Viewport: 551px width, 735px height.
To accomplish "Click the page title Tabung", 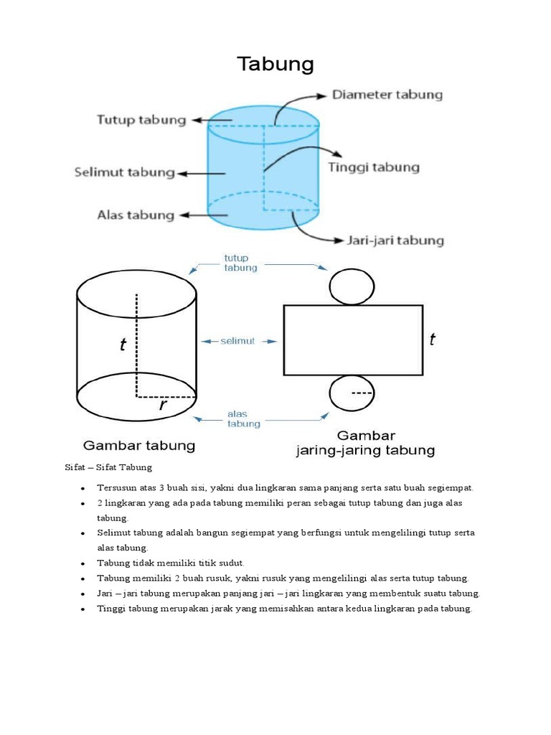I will click(275, 65).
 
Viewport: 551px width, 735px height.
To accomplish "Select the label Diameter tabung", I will click(387, 95).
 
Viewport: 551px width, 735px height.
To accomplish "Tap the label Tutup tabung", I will click(141, 120).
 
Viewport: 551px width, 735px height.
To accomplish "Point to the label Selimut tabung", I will click(125, 172).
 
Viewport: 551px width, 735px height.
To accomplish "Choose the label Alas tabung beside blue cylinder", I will click(136, 215).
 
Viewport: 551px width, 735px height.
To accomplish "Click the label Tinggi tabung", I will click(374, 167).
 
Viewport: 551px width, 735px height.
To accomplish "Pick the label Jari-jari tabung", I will click(395, 240).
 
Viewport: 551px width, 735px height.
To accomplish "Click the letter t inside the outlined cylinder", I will click(123, 345).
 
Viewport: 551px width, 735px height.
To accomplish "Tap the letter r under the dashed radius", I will click(163, 406).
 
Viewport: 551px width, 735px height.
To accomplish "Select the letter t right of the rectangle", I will click(432, 340).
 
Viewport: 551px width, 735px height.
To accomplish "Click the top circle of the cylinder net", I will click(352, 284).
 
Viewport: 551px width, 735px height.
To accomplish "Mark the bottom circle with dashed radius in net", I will click(352, 394).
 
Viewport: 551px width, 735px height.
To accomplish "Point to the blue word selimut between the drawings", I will click(237, 342).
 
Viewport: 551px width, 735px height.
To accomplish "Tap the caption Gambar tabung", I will click(140, 446).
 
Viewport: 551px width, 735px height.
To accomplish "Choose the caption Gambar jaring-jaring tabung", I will click(366, 444).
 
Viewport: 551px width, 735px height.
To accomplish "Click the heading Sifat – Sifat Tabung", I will click(108, 468).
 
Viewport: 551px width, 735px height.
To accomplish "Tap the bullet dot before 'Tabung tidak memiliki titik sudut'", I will click(83, 563).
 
